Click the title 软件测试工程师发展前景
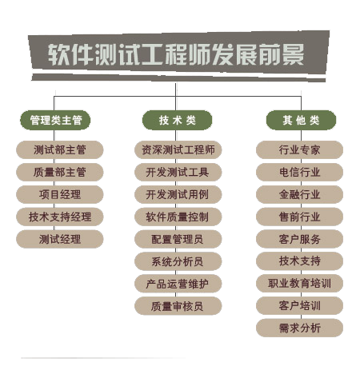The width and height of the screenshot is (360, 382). tap(176, 54)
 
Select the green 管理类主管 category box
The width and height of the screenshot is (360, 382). tap(55, 120)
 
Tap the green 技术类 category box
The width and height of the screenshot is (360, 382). tap(178, 120)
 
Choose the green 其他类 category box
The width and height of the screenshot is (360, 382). tap(301, 120)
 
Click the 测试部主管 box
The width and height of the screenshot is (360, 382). tap(60, 149)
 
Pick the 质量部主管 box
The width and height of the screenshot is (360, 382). tap(60, 172)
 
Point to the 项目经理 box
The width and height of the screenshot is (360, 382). tap(60, 194)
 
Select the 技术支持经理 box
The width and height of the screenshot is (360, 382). tap(60, 217)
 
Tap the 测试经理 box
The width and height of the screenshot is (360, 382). tap(60, 239)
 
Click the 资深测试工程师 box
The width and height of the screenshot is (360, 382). tap(178, 149)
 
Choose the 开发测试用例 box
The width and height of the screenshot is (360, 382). tap(178, 194)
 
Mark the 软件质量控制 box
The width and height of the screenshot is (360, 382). tap(178, 217)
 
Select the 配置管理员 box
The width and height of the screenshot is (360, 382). tap(178, 239)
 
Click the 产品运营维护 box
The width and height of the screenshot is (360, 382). tap(178, 284)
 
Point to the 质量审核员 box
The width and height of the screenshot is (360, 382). tap(178, 306)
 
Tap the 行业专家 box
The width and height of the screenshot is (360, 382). tap(299, 149)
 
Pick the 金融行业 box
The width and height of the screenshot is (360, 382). tap(299, 194)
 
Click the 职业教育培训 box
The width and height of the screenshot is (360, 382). tap(299, 284)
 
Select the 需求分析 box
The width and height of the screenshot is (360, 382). tap(299, 328)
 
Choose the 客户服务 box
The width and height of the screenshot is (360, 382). tap(299, 239)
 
